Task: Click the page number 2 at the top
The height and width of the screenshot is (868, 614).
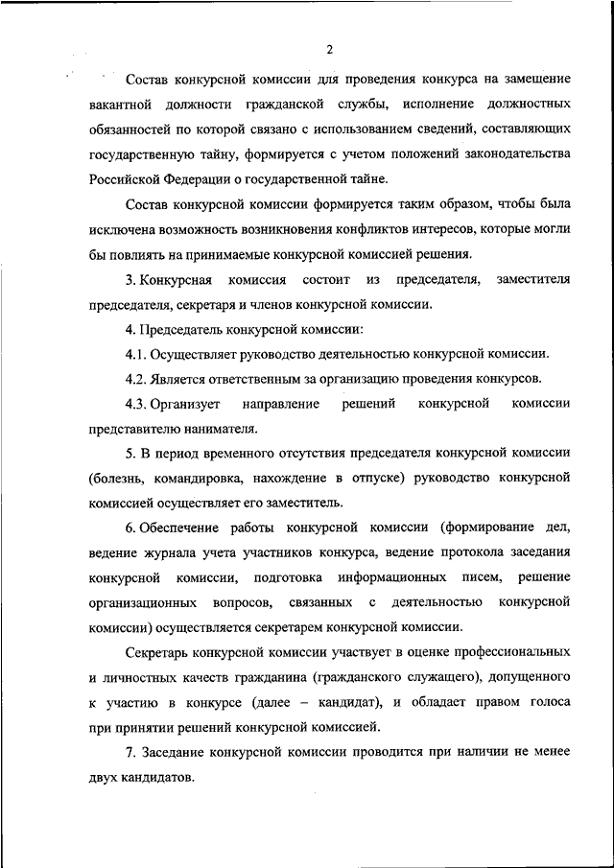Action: tap(328, 50)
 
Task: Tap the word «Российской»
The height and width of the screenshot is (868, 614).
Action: tap(127, 178)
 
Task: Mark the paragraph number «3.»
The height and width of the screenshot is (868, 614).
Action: tap(131, 280)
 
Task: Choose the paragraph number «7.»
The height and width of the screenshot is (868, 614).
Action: tap(131, 752)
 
